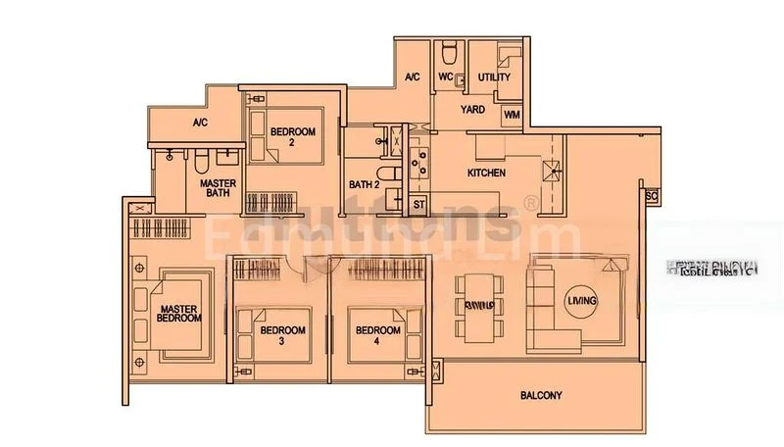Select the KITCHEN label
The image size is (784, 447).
pos(486,174)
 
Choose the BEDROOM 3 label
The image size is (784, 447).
pos(283,335)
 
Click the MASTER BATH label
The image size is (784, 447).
pos(216,188)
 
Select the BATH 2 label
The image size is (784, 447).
pos(364,184)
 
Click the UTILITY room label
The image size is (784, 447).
pos(494,76)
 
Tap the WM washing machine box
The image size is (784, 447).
pos(512,115)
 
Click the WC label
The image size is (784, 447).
pos(445,76)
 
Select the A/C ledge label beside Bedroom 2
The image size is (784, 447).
pos(200,123)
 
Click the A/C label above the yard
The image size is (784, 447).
pos(413,76)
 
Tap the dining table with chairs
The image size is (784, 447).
pos(481,305)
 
